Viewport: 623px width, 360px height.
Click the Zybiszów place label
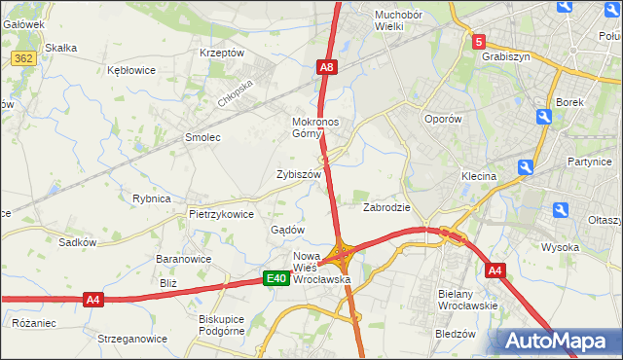pyautogui.click(x=299, y=174)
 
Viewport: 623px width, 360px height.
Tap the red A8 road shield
pyautogui.click(x=328, y=67)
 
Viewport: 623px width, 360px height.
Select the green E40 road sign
pyautogui.click(x=276, y=279)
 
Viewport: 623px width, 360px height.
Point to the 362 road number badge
pyautogui.click(x=24, y=59)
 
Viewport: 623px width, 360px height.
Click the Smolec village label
pyautogui.click(x=202, y=138)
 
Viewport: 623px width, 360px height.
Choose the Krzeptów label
pyautogui.click(x=220, y=53)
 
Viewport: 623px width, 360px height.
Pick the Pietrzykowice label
pyautogui.click(x=221, y=214)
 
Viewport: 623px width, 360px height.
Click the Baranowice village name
pyautogui.click(x=184, y=260)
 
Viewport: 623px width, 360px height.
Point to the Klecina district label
pyautogui.click(x=480, y=176)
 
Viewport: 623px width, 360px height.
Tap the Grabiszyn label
pyautogui.click(x=504, y=56)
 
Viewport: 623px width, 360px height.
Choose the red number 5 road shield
pyautogui.click(x=479, y=42)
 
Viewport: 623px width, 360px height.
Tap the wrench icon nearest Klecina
pyautogui.click(x=525, y=167)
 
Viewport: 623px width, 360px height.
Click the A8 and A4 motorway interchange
pyautogui.click(x=342, y=257)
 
